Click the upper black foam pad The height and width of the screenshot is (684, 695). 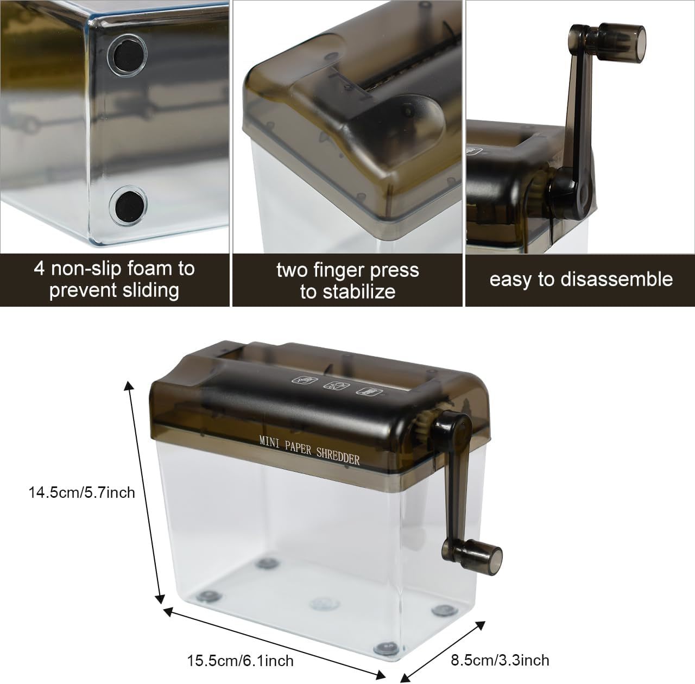(127, 55)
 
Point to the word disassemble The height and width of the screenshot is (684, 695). (610, 280)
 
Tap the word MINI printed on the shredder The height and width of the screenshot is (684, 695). (270, 442)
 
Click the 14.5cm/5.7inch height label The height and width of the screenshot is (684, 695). (82, 493)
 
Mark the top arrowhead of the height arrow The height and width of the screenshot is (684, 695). (129, 386)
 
